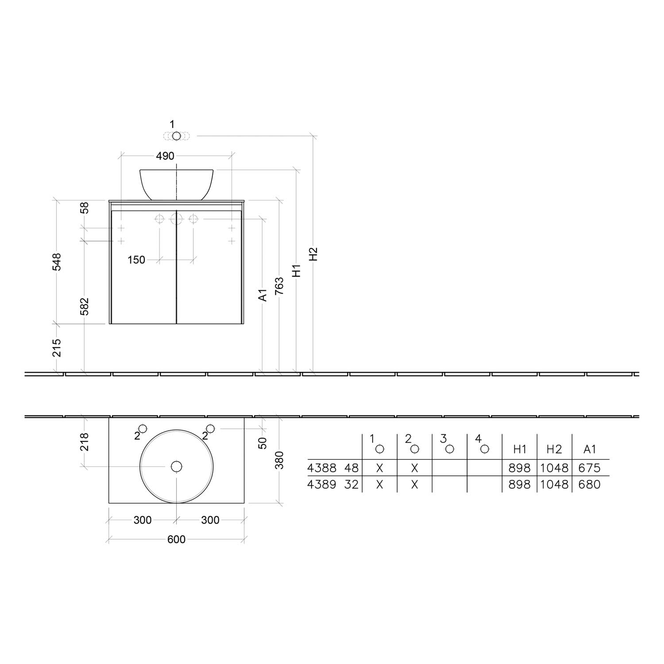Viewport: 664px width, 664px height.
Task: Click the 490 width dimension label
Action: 165,156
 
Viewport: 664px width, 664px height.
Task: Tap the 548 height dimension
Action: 57,262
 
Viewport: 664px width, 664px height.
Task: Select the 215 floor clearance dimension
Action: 57,347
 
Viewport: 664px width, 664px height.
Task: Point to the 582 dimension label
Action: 84,306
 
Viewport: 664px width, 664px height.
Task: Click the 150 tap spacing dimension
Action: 136,260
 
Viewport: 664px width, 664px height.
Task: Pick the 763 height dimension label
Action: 279,286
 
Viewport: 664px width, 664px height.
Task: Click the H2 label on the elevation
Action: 313,254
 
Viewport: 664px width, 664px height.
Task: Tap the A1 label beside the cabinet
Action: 263,295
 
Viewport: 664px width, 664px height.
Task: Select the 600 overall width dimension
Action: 176,539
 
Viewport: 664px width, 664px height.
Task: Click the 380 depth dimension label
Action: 279,460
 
